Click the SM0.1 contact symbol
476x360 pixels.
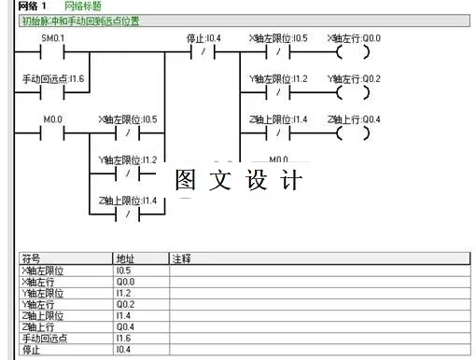click(52, 51)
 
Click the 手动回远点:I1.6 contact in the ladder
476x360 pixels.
click(52, 92)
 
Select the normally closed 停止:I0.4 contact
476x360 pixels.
click(203, 51)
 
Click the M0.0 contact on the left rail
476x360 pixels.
click(52, 132)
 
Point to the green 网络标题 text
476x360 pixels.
click(81, 7)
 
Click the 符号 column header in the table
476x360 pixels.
click(32, 258)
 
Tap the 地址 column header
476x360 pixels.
click(125, 258)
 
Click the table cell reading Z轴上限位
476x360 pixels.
click(42, 316)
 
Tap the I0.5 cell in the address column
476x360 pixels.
click(124, 270)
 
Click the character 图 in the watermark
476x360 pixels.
click(187, 180)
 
